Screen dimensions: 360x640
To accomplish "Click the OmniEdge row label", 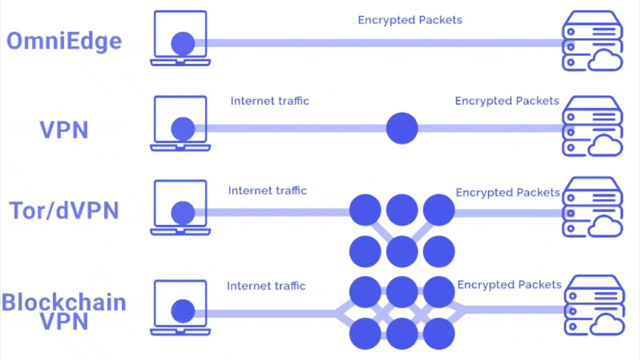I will pyautogui.click(x=64, y=41).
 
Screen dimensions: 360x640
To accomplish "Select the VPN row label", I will pyautogui.click(x=64, y=130).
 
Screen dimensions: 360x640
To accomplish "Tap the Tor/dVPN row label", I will pyautogui.click(x=64, y=211).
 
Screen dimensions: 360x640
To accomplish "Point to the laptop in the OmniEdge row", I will pyautogui.click(x=180, y=38).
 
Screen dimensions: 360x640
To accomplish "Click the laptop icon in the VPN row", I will pyautogui.click(x=180, y=123).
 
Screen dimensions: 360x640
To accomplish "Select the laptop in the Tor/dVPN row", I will pyautogui.click(x=180, y=207).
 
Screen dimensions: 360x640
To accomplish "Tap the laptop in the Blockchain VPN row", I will pyautogui.click(x=180, y=307).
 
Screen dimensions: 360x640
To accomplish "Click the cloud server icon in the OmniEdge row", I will pyautogui.click(x=592, y=41).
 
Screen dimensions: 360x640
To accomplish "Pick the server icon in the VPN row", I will pyautogui.click(x=592, y=126).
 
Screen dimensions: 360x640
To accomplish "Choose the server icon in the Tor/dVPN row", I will pyautogui.click(x=592, y=207).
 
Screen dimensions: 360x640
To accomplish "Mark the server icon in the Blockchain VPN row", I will pyautogui.click(x=594, y=305).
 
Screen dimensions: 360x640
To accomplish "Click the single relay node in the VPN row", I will pyautogui.click(x=402, y=128).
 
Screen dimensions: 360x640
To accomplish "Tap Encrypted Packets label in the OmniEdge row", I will pyautogui.click(x=410, y=20).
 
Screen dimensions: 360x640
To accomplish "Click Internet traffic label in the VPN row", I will pyautogui.click(x=270, y=101).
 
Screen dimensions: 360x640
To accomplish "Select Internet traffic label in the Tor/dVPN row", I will pyautogui.click(x=267, y=190).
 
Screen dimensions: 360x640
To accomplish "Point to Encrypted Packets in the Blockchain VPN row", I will pyautogui.click(x=509, y=284).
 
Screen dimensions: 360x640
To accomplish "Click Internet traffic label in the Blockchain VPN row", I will pyautogui.click(x=266, y=286).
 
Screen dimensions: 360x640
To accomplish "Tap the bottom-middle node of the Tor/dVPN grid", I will pyautogui.click(x=402, y=251).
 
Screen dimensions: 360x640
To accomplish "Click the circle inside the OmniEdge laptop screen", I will pyautogui.click(x=183, y=43).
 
